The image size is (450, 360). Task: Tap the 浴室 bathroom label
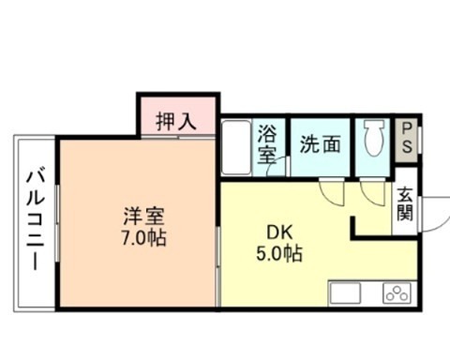268,145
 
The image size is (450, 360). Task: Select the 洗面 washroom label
319,145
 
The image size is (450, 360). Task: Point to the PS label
407,139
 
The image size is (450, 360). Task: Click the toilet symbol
372,141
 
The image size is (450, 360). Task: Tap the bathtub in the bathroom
235,148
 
